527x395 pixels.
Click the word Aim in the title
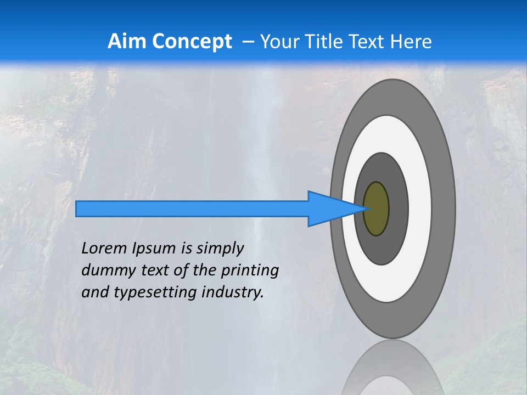[x=127, y=42]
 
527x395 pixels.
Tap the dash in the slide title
[x=248, y=42]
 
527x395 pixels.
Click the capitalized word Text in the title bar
[x=367, y=42]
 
